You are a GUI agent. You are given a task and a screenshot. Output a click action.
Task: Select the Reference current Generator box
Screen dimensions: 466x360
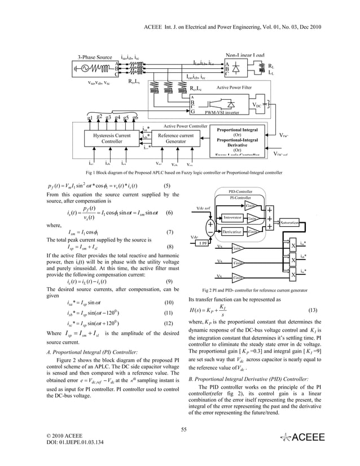pos(175,139)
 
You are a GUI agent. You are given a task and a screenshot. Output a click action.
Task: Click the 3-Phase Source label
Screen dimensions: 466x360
pos(95,58)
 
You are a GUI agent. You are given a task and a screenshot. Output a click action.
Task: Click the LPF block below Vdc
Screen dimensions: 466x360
pos(200,243)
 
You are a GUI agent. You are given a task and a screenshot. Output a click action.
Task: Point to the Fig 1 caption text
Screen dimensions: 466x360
pos(183,171)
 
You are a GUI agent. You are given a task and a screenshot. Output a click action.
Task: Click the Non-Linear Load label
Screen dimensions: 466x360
pos(245,55)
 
